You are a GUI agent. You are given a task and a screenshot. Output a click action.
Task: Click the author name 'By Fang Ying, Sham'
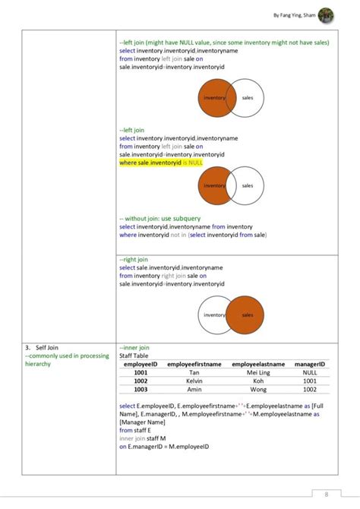coord(294,14)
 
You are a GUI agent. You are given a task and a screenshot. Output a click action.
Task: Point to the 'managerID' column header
coord(310,365)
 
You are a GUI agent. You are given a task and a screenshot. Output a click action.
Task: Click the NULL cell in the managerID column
coord(310,373)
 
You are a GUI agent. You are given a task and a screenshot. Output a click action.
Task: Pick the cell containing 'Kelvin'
coord(194,381)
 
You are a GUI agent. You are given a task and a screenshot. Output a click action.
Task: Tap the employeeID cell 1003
coord(141,390)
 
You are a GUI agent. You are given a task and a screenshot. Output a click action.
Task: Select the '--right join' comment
coord(133,258)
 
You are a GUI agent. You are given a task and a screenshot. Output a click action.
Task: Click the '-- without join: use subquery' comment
coord(159,218)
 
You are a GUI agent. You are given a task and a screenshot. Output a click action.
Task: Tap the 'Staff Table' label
coord(134,356)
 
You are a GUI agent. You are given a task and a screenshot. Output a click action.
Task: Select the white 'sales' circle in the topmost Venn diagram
coord(251,98)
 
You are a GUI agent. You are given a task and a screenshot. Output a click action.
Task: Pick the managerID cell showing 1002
coord(310,390)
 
